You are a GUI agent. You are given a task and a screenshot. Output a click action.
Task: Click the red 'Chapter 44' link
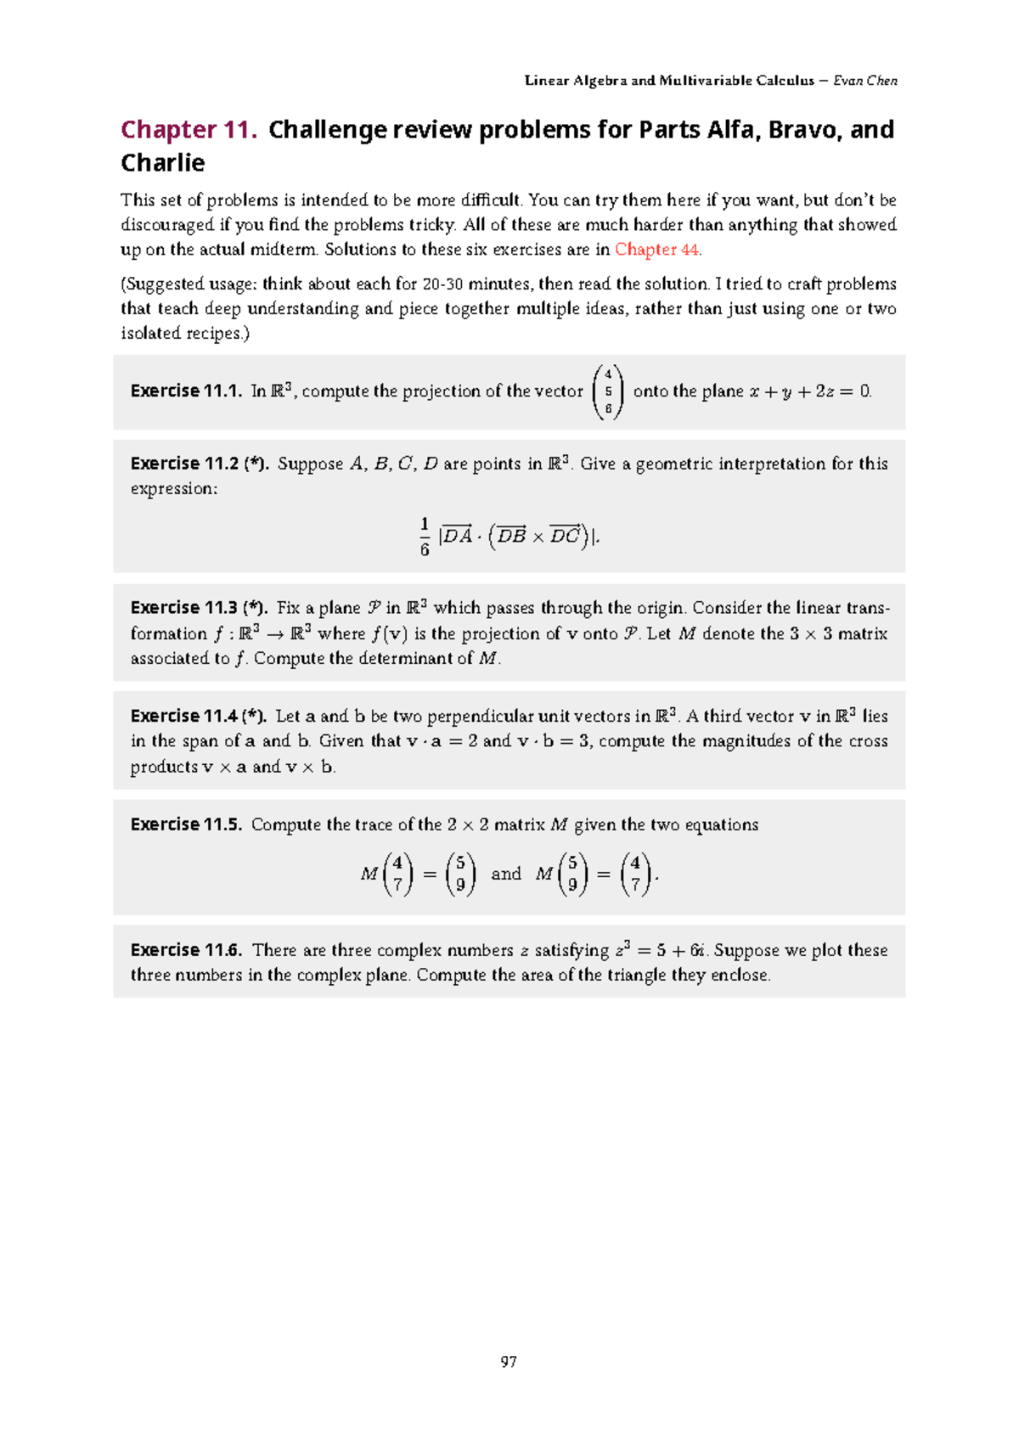click(656, 250)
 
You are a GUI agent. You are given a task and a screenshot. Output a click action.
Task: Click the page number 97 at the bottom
click(509, 1362)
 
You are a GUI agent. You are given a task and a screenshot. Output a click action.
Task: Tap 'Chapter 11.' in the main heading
click(189, 129)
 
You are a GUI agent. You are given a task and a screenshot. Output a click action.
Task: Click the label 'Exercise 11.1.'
click(186, 391)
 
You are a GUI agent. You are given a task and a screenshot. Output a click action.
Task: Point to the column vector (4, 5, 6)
click(608, 391)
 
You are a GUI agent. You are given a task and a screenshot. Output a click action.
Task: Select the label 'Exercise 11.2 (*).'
click(199, 464)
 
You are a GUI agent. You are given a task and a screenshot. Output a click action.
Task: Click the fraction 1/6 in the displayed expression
click(425, 537)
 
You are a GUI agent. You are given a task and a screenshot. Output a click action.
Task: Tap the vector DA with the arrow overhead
click(458, 536)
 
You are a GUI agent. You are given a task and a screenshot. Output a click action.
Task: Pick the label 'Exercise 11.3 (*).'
click(199, 608)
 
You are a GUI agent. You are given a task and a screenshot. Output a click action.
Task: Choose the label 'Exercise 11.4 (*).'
click(199, 716)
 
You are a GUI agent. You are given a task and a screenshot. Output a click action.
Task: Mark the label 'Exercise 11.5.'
click(186, 824)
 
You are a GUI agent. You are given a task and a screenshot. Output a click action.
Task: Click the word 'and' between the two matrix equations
click(506, 874)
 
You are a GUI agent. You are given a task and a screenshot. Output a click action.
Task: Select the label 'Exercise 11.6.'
click(186, 950)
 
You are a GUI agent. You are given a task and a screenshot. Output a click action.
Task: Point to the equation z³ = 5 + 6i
click(662, 950)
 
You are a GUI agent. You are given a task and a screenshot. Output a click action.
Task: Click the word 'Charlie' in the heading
click(162, 163)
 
